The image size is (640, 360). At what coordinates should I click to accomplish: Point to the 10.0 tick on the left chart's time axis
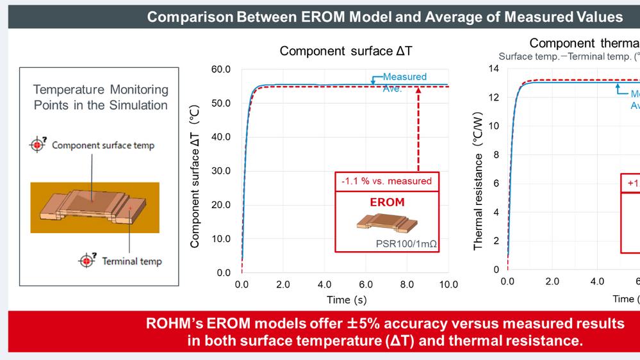tap(447, 284)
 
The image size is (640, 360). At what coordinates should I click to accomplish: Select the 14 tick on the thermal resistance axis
tap(493, 69)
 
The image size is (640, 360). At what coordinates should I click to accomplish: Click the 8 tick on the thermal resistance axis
tap(495, 154)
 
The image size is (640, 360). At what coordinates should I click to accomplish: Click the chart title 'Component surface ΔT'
tap(345, 51)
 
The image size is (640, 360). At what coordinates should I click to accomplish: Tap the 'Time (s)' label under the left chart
tap(346, 300)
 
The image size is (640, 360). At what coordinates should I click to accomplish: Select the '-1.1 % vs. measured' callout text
tap(386, 181)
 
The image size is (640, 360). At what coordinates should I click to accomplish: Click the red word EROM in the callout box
tap(386, 202)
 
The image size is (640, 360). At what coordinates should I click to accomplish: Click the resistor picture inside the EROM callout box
tap(386, 223)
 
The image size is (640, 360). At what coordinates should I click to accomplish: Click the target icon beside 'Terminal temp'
tap(86, 261)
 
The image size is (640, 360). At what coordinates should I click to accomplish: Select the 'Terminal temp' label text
tap(132, 261)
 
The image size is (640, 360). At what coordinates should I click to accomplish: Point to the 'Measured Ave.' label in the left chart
tap(404, 83)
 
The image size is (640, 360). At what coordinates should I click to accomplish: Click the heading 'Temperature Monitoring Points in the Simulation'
tap(101, 97)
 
